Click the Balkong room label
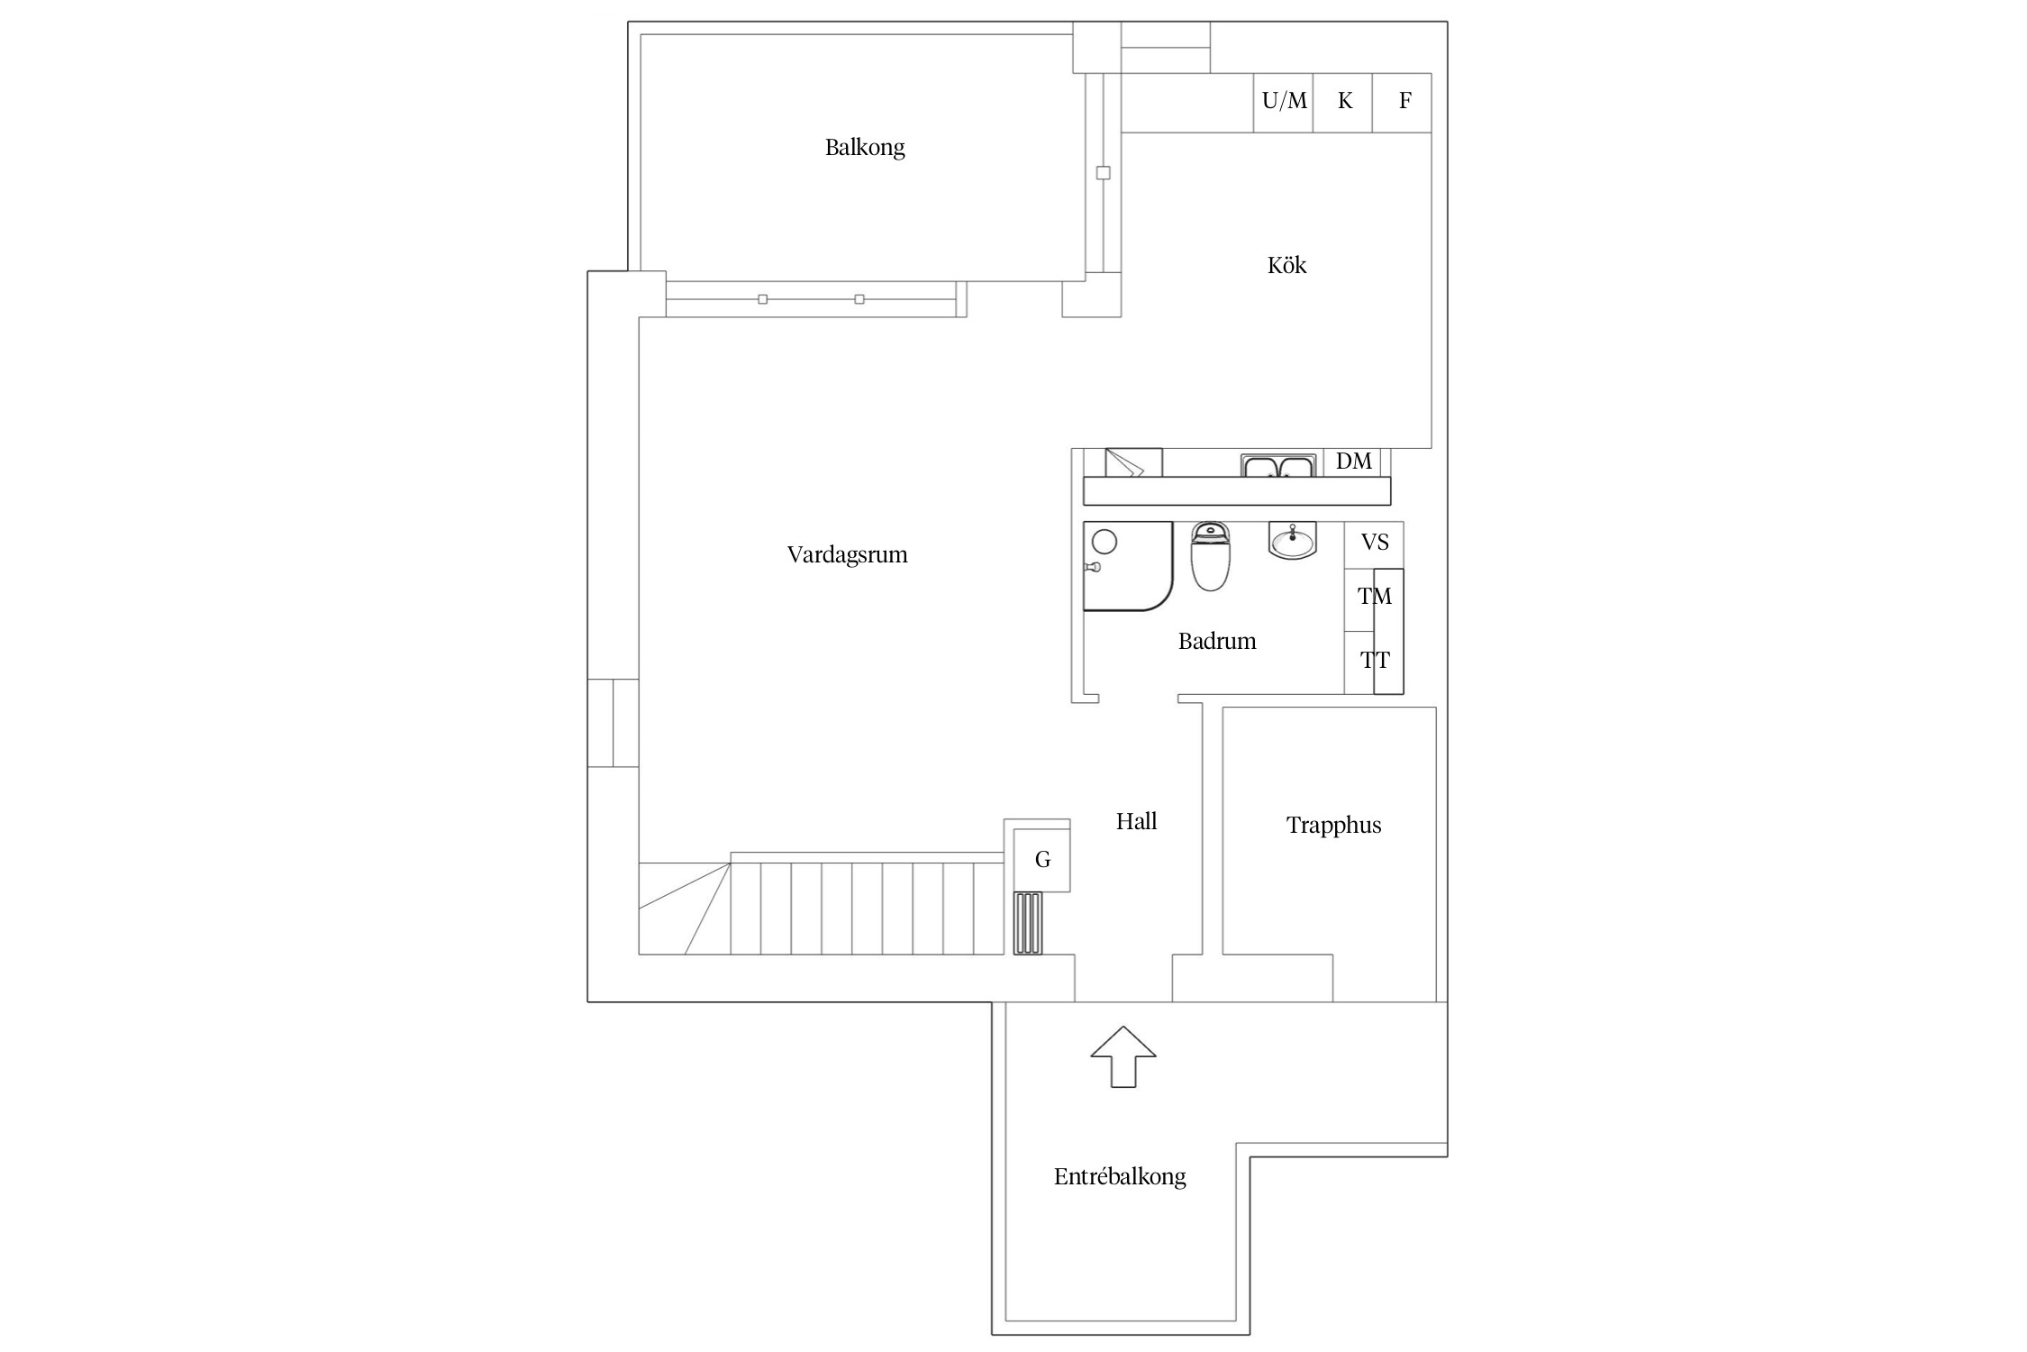tap(865, 147)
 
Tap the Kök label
tap(1286, 265)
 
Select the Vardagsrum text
tap(848, 554)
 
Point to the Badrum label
tap(1217, 641)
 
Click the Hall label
tap(1137, 821)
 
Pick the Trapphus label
tap(1333, 826)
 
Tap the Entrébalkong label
tap(1120, 1176)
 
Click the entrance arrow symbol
tap(1123, 1056)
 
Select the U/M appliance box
tap(1284, 103)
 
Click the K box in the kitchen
tap(1343, 103)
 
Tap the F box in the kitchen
tap(1403, 103)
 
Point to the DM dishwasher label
tap(1354, 461)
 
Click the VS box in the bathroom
tap(1374, 544)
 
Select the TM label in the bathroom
tap(1375, 596)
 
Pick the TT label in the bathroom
tap(1375, 661)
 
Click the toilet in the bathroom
tap(1210, 556)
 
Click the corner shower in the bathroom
tap(1128, 566)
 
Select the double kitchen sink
tap(1277, 465)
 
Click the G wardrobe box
tap(1042, 860)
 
